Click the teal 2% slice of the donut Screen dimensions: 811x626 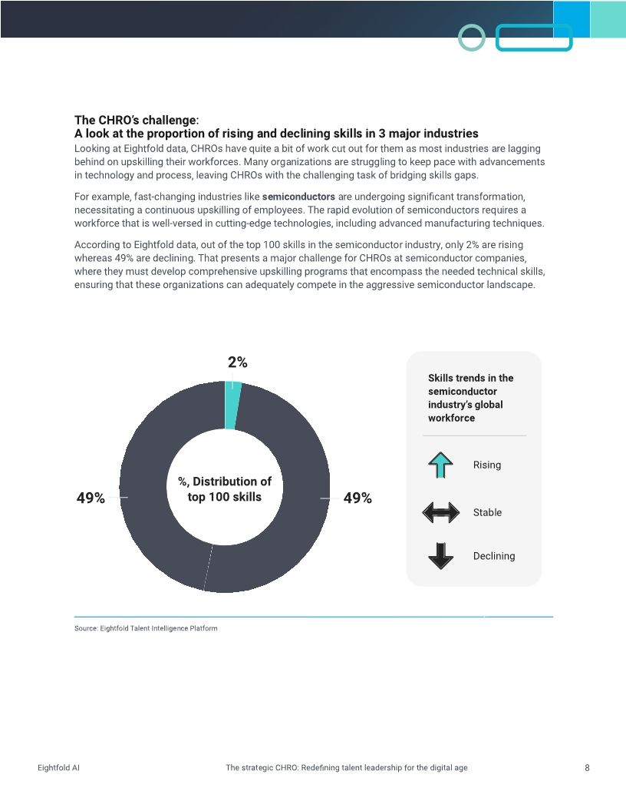(x=232, y=405)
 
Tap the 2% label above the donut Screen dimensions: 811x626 (x=237, y=362)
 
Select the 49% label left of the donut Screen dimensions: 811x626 (x=91, y=498)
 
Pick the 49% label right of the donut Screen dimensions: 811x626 (x=357, y=498)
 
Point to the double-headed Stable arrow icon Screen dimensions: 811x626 (x=440, y=513)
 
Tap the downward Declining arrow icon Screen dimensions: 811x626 (x=440, y=556)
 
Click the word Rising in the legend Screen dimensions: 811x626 (x=486, y=465)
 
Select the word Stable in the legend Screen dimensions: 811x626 (x=487, y=513)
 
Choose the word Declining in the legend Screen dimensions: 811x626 (x=494, y=556)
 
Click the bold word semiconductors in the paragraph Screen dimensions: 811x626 (x=298, y=196)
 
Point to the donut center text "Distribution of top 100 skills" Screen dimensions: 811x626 (x=225, y=489)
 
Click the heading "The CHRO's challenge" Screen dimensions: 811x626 (x=136, y=120)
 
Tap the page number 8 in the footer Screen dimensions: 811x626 (x=587, y=768)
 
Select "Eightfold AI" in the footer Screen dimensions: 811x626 (x=58, y=768)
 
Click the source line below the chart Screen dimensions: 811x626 (x=146, y=628)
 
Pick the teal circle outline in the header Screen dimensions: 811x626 (x=472, y=38)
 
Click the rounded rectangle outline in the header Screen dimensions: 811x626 (x=534, y=38)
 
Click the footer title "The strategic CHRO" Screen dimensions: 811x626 (x=347, y=768)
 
